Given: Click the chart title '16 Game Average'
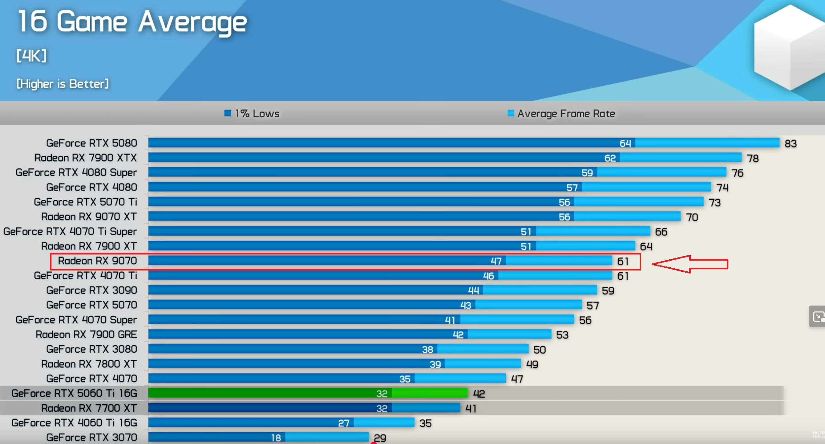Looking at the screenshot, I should [132, 22].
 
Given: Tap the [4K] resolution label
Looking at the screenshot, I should [31, 56].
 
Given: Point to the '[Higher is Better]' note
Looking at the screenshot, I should [63, 84].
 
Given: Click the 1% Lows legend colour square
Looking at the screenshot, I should [227, 113].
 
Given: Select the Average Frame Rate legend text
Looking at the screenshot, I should [566, 114].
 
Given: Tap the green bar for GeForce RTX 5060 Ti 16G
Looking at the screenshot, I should [307, 393].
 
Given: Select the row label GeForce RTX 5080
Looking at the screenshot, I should [91, 143].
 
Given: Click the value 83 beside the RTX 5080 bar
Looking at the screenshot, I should [791, 144].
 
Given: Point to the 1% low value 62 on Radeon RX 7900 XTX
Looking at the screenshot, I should [610, 158].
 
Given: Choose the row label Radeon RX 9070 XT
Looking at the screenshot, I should [89, 217].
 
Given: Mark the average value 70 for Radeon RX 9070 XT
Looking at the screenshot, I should [692, 218].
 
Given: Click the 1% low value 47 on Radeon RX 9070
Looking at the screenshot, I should [496, 261].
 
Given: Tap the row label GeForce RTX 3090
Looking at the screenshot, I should [91, 290].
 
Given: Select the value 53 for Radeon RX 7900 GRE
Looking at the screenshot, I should [562, 335].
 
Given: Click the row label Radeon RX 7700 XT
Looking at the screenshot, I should [89, 408].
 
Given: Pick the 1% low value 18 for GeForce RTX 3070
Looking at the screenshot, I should [276, 438].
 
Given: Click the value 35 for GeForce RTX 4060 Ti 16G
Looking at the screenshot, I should [425, 423].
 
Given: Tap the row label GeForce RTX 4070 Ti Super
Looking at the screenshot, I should [70, 231].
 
